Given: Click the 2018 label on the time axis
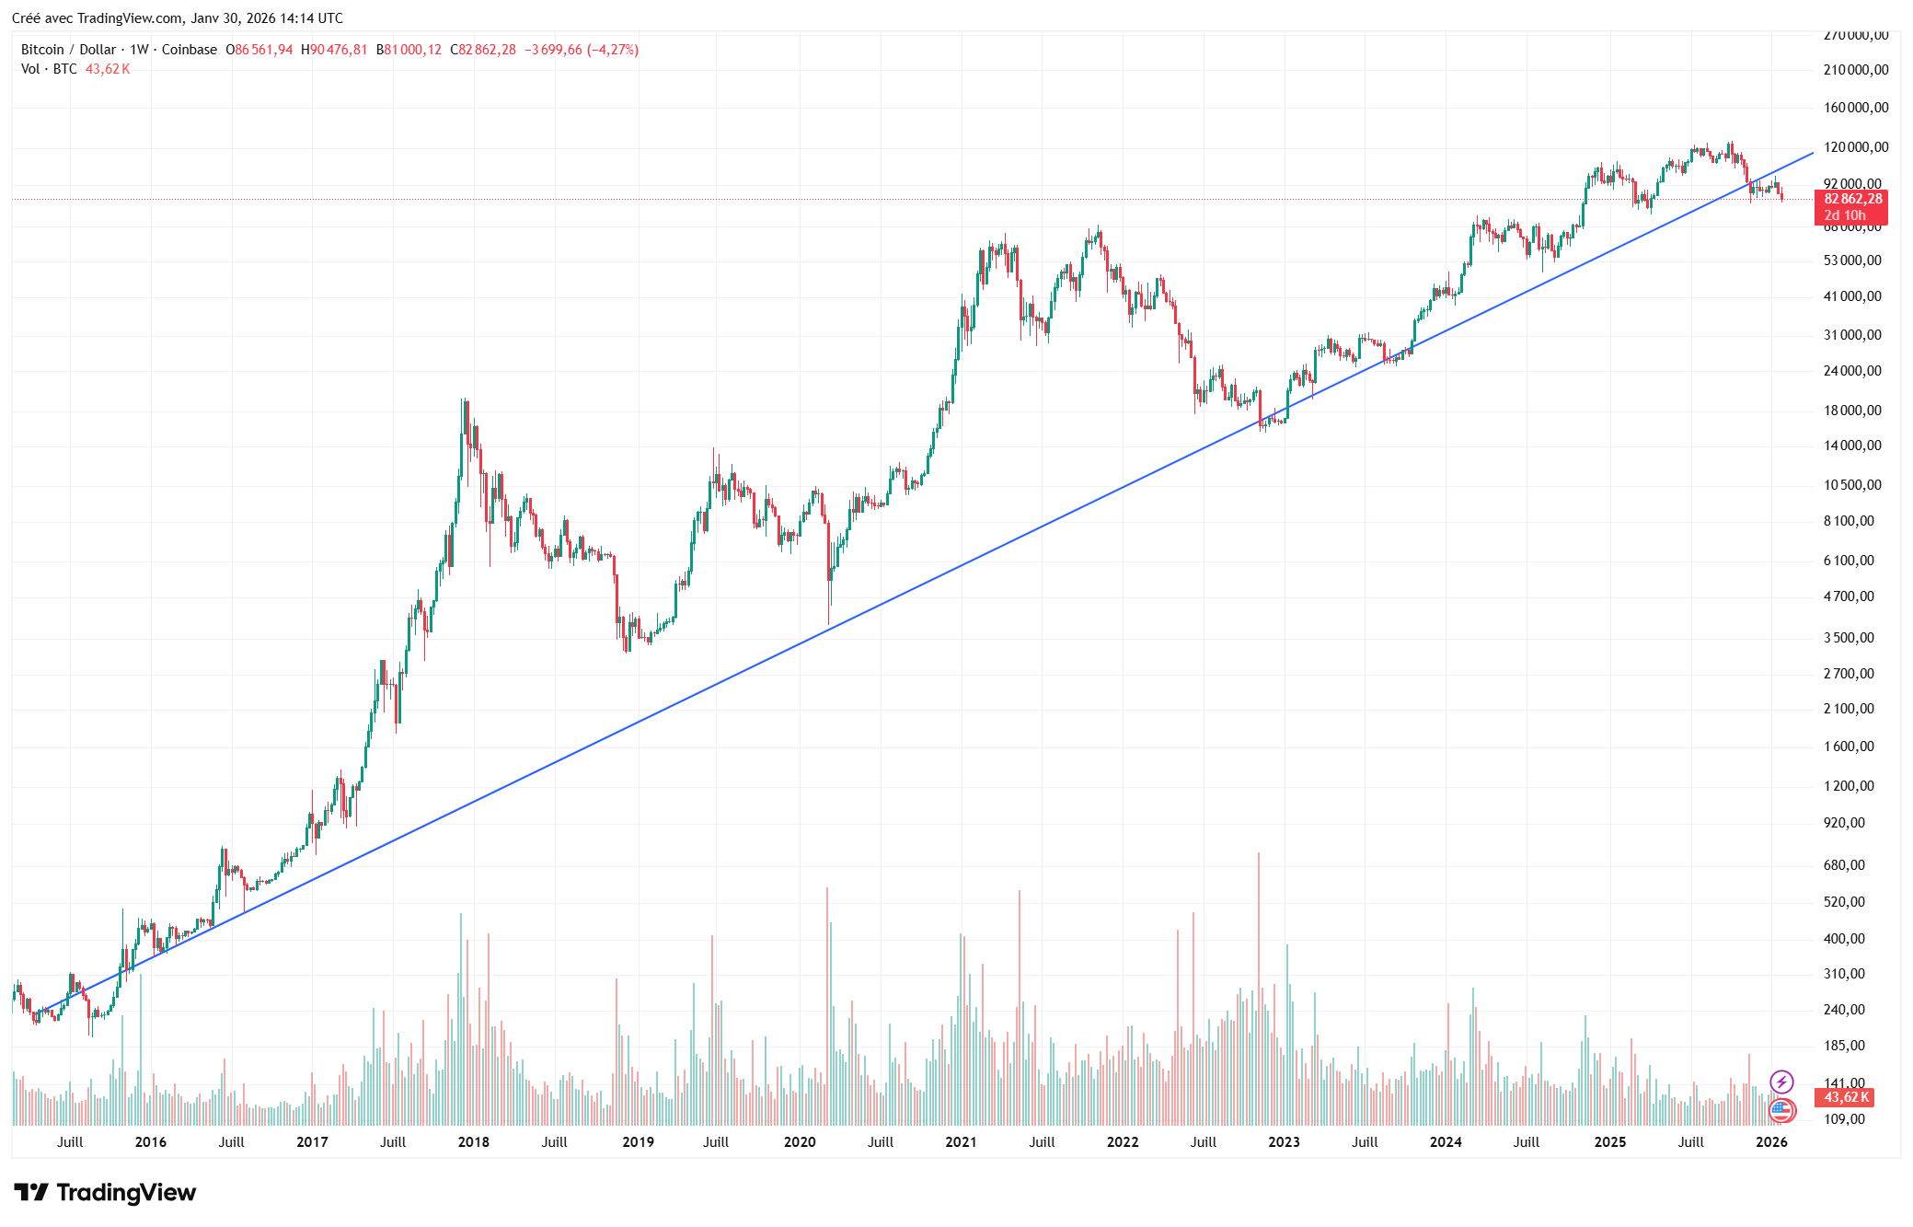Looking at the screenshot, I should coord(473,1141).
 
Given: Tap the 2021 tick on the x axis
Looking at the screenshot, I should coord(961,1141).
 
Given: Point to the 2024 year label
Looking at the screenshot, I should coord(1446,1141).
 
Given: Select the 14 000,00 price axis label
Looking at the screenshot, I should coord(1852,446).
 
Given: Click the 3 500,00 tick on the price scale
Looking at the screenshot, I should coord(1849,637).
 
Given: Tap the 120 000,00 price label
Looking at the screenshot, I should coord(1856,147).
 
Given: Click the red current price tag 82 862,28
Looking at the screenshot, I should coord(1852,199).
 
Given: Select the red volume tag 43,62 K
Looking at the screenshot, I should coord(1846,1097).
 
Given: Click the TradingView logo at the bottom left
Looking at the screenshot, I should coord(105,1193).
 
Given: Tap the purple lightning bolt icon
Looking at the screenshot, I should coord(1781,1082).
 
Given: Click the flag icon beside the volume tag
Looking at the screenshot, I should coord(1781,1110).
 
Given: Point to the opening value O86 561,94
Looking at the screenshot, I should coord(259,50).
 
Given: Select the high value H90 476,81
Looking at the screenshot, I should coord(334,50).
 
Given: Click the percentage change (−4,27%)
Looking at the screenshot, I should coord(613,50).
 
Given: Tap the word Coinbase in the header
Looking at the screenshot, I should coord(190,50).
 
